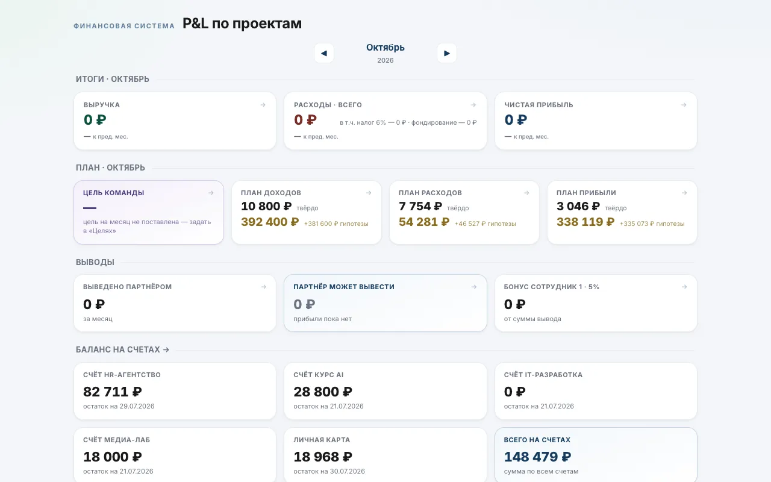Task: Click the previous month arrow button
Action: point(324,53)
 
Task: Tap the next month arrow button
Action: point(447,53)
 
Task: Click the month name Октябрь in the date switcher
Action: point(385,48)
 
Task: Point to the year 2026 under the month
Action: point(385,60)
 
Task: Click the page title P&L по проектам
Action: point(242,23)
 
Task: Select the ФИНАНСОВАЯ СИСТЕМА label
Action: point(124,26)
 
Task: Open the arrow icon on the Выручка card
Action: point(263,105)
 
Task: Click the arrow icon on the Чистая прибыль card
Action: point(684,105)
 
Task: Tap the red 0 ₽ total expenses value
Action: point(305,120)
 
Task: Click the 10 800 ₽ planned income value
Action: point(266,206)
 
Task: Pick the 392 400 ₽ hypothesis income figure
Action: point(270,222)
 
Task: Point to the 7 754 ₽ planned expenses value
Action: point(420,206)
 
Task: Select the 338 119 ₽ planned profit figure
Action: point(585,222)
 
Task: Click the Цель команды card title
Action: point(114,193)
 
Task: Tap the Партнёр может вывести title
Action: point(344,287)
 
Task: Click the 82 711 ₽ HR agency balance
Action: point(113,392)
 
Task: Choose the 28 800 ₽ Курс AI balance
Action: point(323,392)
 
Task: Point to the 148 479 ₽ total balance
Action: point(538,457)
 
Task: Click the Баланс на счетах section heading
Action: point(122,349)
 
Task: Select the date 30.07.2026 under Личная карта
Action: point(348,471)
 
